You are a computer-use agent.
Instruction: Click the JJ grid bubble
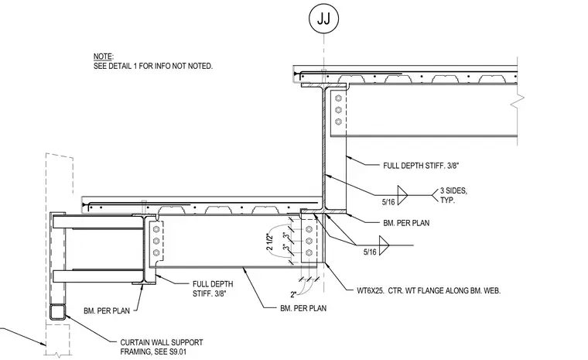(x=323, y=19)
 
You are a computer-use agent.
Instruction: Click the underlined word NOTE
(x=103, y=57)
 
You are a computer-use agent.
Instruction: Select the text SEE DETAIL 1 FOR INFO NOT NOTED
(x=153, y=66)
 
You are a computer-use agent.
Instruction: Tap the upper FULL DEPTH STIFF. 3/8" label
(x=421, y=166)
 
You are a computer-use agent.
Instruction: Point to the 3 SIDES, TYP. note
(x=453, y=195)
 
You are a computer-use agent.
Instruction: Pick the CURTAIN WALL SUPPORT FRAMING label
(x=162, y=347)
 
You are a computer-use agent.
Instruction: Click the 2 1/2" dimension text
(x=269, y=242)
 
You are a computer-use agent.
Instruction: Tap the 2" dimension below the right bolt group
(x=293, y=294)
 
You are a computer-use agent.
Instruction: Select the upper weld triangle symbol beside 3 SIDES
(x=402, y=195)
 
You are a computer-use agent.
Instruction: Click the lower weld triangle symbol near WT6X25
(x=384, y=245)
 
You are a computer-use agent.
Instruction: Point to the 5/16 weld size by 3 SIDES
(x=388, y=202)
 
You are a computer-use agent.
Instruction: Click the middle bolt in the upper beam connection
(x=339, y=110)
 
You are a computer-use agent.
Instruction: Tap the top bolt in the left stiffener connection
(x=156, y=229)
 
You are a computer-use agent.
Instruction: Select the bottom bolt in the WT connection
(x=309, y=252)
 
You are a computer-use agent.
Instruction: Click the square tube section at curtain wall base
(x=58, y=312)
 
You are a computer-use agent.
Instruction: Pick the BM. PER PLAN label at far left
(x=107, y=310)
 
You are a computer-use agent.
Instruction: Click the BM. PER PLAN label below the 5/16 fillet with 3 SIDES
(x=406, y=223)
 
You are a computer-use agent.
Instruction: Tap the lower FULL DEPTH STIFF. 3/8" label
(x=213, y=289)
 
